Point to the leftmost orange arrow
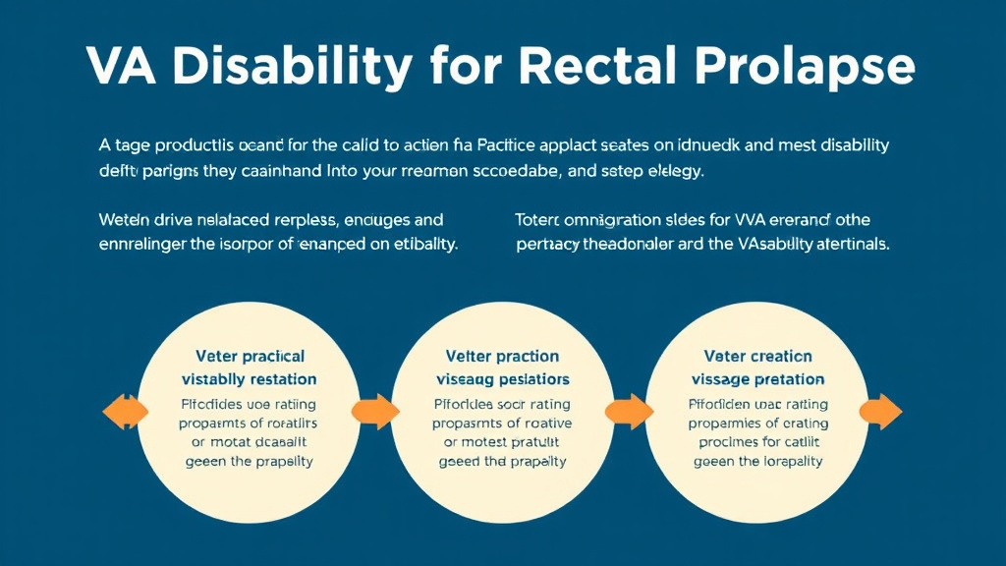[123, 412]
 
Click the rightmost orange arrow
[881, 412]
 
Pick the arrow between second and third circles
[627, 412]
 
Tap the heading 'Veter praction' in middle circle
[502, 356]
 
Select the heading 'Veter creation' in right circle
[757, 356]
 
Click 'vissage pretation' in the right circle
[757, 379]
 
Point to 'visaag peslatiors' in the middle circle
[502, 379]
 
